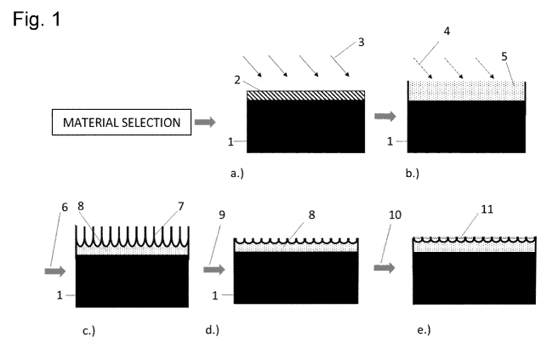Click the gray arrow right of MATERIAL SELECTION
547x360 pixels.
(205, 123)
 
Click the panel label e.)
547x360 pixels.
(420, 329)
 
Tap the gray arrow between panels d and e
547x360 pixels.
(385, 267)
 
